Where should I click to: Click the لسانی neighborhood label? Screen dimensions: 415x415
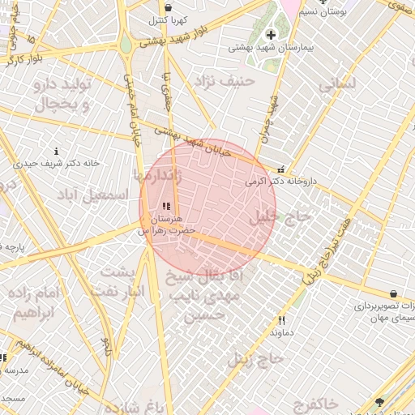[337, 83]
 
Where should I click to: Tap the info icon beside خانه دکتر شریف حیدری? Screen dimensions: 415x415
[56, 151]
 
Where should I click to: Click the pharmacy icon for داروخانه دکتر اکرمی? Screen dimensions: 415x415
[280, 170]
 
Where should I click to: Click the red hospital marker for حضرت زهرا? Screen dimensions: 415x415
[166, 206]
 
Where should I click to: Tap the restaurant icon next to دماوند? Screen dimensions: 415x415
[281, 320]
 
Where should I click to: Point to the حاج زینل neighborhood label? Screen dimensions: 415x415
[255, 357]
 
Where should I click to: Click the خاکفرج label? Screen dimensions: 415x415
[311, 403]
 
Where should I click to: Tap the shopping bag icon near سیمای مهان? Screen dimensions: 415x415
[393, 293]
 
